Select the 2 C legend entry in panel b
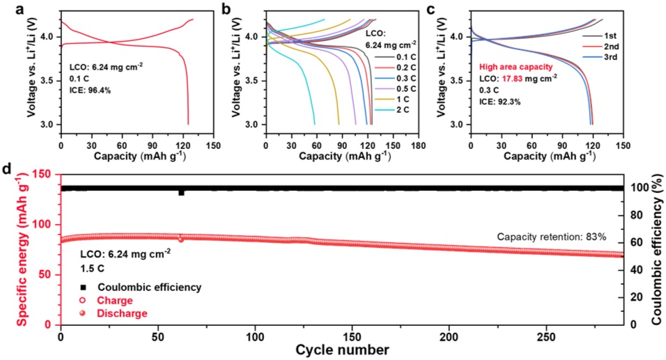(x=392, y=111)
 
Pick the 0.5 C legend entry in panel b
(x=394, y=89)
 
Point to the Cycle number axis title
(x=341, y=348)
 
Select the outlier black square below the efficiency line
(x=181, y=192)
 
